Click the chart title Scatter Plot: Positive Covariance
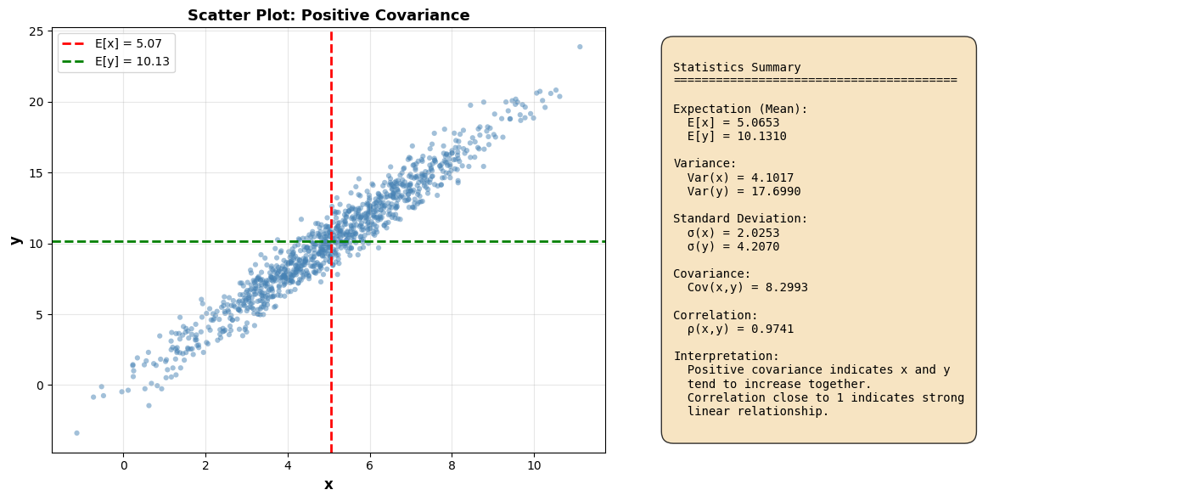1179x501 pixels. point(328,15)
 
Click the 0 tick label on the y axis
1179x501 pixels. point(41,386)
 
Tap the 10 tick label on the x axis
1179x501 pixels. point(534,466)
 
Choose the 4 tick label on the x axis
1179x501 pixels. point(287,466)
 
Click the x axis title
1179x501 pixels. point(328,485)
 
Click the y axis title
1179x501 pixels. point(15,240)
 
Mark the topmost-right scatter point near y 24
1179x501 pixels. point(580,47)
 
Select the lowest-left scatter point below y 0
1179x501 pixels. point(76,433)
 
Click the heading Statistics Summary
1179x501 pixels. point(737,68)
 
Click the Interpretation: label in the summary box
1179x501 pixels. point(726,357)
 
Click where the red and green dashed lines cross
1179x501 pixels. point(331,241)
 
